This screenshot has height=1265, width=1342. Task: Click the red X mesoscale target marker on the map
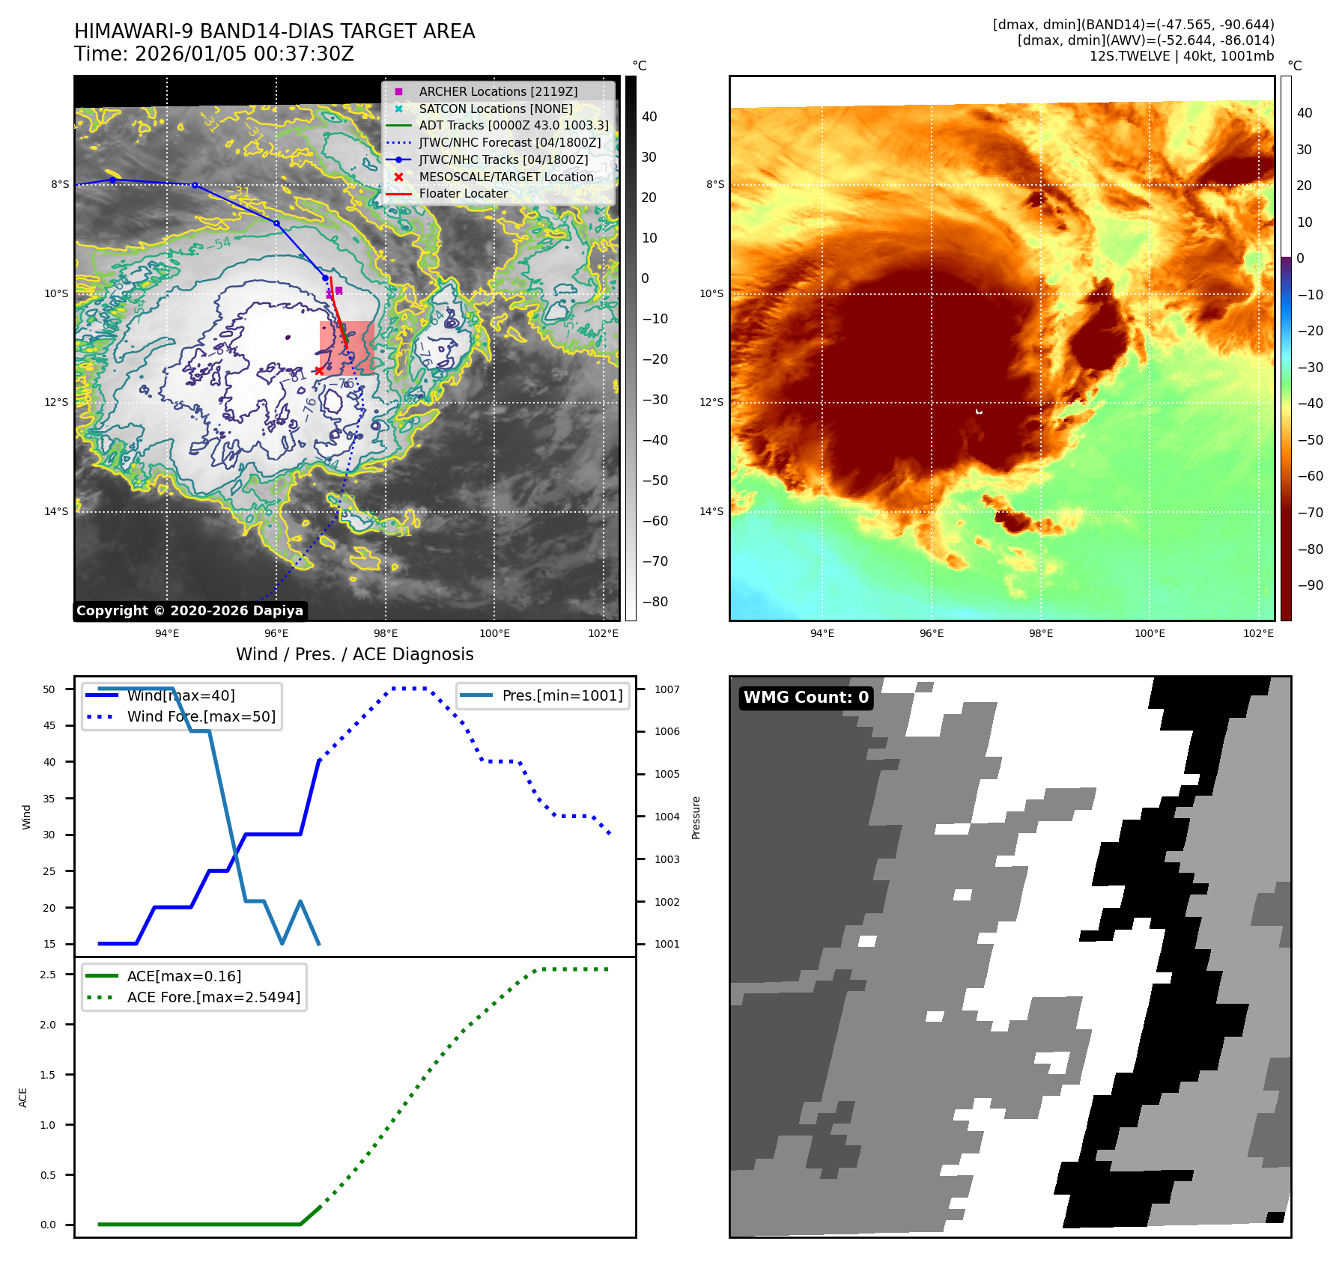(x=319, y=371)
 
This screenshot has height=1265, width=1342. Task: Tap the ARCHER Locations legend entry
(x=498, y=91)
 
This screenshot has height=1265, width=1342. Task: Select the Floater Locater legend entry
(x=463, y=193)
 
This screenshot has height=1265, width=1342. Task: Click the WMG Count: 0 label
(x=806, y=698)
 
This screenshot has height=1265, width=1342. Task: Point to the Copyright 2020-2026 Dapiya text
(x=189, y=611)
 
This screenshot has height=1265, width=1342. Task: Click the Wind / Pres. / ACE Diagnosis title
(x=354, y=654)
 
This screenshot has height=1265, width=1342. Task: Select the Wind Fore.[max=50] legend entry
(x=201, y=716)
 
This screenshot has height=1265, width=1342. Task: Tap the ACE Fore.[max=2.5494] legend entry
(x=213, y=997)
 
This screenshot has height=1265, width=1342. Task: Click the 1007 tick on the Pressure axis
(x=667, y=689)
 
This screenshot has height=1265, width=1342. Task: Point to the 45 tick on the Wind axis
(x=49, y=725)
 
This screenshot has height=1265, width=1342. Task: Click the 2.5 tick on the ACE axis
(x=48, y=975)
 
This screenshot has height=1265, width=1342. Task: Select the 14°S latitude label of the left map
(x=56, y=512)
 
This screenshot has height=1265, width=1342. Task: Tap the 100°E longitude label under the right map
(x=1150, y=633)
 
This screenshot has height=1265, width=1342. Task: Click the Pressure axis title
(x=696, y=817)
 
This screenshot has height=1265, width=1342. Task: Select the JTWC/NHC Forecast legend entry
(x=509, y=142)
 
